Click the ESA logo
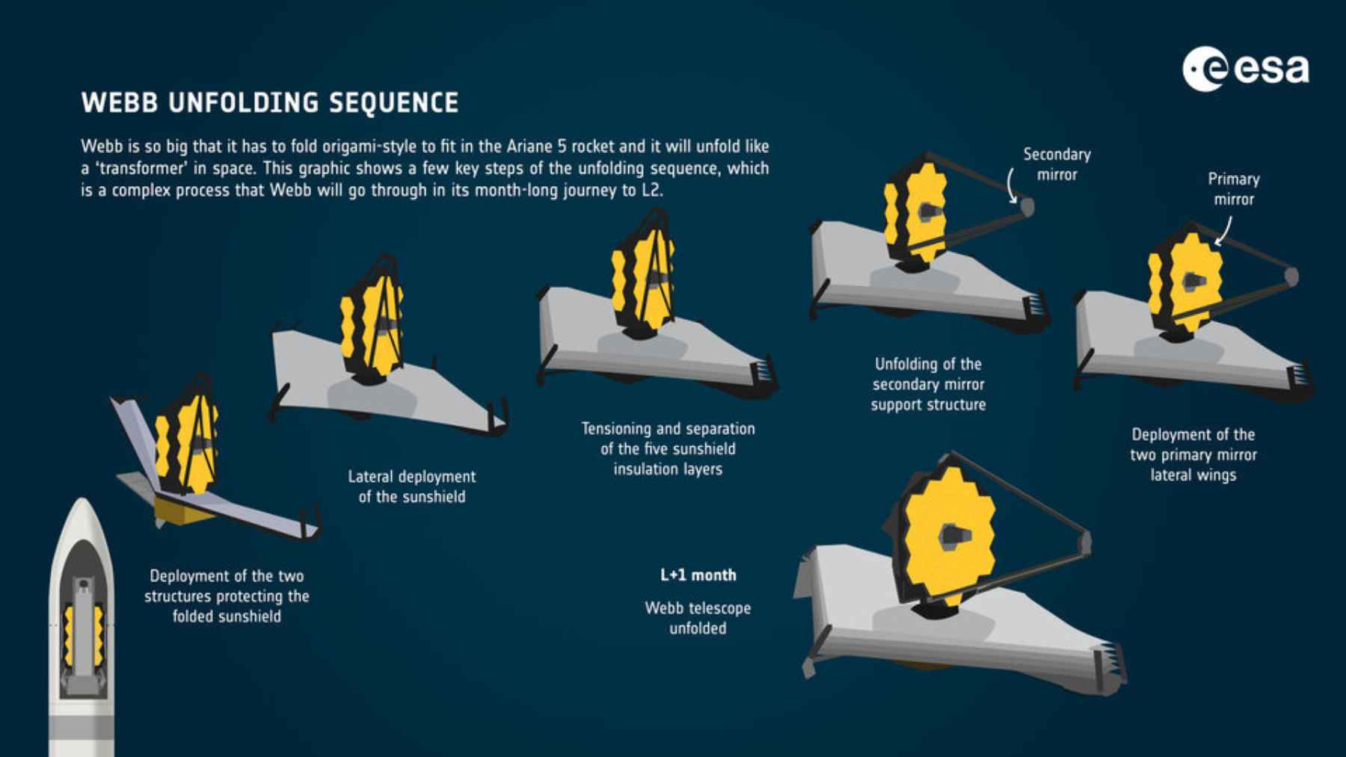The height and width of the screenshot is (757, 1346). click(1245, 69)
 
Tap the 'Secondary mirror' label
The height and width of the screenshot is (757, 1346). click(1056, 164)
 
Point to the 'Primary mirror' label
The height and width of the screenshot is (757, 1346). click(1233, 189)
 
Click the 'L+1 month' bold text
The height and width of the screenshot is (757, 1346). click(698, 575)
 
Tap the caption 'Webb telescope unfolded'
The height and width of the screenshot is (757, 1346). click(698, 618)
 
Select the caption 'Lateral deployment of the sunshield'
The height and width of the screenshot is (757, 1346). click(411, 486)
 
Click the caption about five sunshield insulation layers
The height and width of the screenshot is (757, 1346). click(668, 448)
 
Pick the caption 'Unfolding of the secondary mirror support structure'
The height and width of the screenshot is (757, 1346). click(928, 384)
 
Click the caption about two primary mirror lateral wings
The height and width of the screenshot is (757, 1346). click(1193, 454)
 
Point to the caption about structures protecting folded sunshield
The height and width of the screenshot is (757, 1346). click(227, 596)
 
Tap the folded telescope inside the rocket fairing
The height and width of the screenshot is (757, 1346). click(83, 635)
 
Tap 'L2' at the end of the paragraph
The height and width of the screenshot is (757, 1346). click(651, 190)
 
